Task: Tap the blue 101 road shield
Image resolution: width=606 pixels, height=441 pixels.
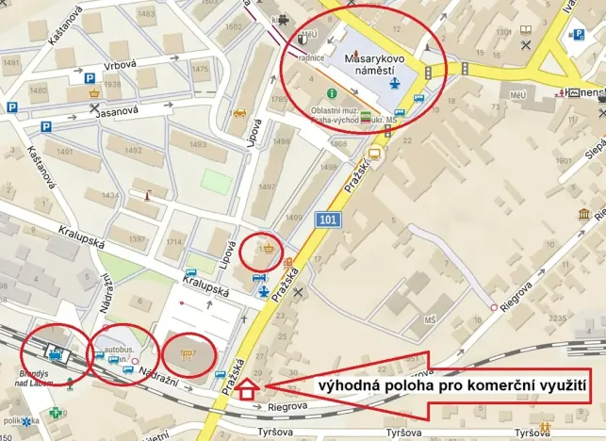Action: (327, 220)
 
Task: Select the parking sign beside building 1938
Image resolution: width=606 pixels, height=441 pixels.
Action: (90, 79)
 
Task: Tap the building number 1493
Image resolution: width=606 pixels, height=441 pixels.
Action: (198, 144)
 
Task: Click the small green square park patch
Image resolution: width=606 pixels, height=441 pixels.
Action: (215, 181)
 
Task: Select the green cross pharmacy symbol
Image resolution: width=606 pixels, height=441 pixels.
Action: (57, 412)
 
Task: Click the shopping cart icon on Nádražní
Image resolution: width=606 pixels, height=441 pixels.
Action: (187, 355)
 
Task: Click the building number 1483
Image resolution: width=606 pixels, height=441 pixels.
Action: (146, 14)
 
